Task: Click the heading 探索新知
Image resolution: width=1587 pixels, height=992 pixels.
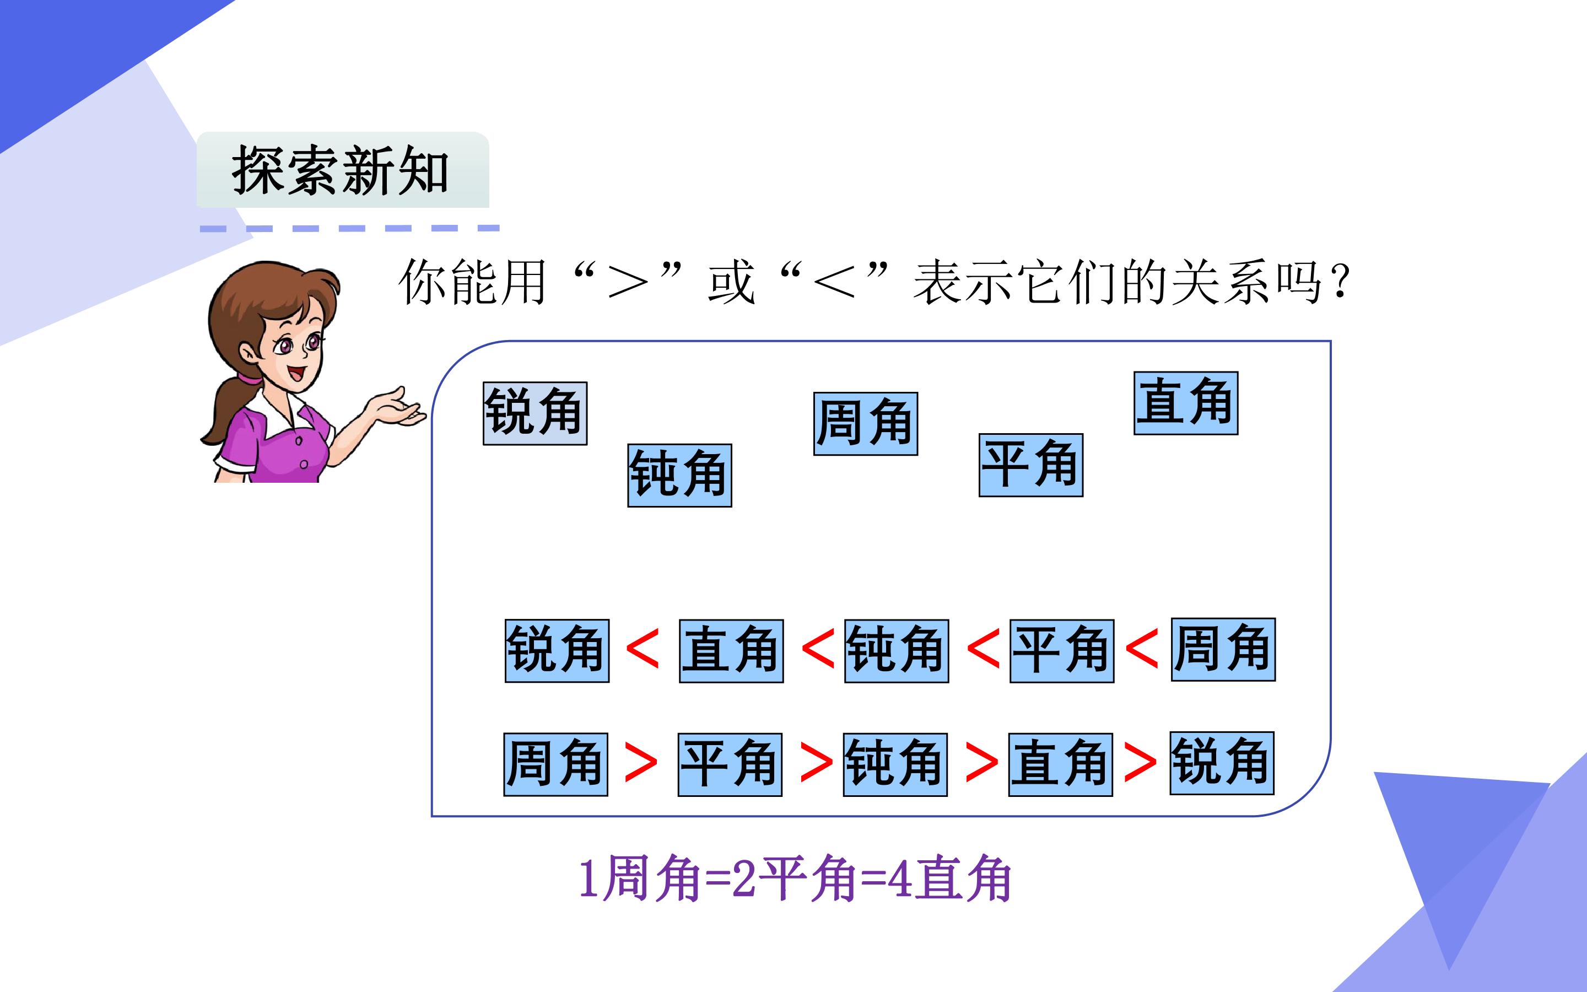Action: tap(339, 171)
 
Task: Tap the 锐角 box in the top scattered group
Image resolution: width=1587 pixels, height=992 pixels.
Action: tap(535, 413)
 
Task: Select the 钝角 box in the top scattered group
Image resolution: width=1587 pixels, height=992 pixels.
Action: tap(679, 475)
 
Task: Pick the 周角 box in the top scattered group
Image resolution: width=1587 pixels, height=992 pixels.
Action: tap(866, 424)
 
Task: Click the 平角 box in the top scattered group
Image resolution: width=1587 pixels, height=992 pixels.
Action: tap(1031, 465)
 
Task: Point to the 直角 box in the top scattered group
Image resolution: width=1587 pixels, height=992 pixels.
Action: tap(1186, 403)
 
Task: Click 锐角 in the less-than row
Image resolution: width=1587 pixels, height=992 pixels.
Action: tap(557, 650)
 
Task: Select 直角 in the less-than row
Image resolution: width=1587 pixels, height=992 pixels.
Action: tap(731, 651)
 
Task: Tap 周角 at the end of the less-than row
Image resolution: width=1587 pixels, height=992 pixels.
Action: tap(1223, 650)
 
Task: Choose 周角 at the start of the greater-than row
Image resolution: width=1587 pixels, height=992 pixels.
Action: tap(555, 764)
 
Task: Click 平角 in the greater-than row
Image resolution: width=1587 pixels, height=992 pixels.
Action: tap(730, 764)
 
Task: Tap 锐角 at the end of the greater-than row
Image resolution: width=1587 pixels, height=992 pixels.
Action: tap(1222, 763)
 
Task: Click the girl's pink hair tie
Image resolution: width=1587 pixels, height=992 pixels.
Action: tap(249, 379)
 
